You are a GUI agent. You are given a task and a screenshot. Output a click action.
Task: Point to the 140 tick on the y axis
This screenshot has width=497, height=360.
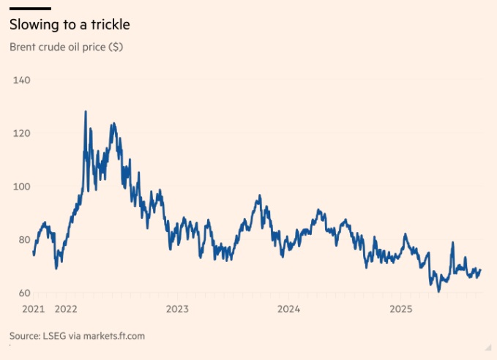(x=20, y=79)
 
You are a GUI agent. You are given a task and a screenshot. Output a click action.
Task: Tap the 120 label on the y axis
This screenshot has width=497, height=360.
(x=20, y=132)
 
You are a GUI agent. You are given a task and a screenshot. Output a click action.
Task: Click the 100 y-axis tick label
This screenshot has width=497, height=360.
(x=20, y=186)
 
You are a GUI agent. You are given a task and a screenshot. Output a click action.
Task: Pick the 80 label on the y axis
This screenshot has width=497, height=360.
(x=19, y=239)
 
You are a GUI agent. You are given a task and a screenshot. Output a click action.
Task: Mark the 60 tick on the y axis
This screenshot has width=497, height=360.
(x=19, y=293)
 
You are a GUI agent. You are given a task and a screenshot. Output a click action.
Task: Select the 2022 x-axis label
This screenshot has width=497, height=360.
(x=66, y=309)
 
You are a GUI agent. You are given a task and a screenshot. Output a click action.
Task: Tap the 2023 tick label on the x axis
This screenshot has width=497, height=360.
(x=178, y=309)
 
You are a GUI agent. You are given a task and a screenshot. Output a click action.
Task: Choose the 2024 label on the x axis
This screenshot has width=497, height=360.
(x=289, y=309)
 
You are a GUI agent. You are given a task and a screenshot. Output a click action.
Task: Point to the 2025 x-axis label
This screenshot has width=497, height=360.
(x=401, y=309)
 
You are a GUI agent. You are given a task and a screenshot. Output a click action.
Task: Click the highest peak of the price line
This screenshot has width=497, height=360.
(x=86, y=111)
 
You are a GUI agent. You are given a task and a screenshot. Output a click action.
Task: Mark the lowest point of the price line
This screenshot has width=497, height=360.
(x=439, y=291)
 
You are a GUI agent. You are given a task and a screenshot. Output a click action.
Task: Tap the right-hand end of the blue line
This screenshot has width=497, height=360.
(x=481, y=270)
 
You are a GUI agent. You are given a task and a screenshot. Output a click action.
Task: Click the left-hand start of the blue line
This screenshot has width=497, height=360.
(x=34, y=255)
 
